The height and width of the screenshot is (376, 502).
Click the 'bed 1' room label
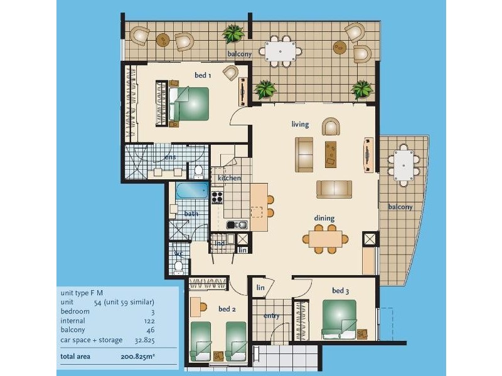coord(203,75)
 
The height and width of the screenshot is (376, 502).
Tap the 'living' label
coord(301,124)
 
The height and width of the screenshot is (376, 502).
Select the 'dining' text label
coord(324,218)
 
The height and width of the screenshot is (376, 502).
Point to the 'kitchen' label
coord(229,178)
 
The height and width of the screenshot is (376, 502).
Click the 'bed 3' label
coord(341,291)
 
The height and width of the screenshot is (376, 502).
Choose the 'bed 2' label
coord(227,310)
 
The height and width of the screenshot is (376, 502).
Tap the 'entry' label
coord(271,316)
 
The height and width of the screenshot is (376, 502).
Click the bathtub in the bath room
coord(191,191)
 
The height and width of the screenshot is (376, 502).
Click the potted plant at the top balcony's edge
coord(235,33)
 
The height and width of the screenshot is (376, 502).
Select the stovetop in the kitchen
coord(217,197)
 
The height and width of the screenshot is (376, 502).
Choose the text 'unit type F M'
coord(83,292)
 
